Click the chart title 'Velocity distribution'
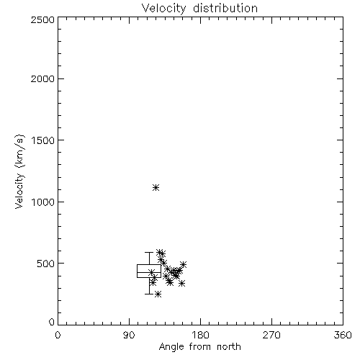(199, 9)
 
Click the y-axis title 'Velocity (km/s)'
(19, 171)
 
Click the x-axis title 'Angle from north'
(200, 347)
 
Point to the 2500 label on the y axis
(42, 19)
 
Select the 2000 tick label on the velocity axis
(42, 78)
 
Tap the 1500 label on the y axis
(43, 140)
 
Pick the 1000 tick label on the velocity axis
(43, 202)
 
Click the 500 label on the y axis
(46, 264)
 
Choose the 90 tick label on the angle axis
(129, 335)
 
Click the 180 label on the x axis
(200, 335)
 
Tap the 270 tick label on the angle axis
(271, 335)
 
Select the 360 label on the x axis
(343, 335)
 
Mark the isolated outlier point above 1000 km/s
(156, 187)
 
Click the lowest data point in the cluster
(158, 294)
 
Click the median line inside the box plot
(149, 272)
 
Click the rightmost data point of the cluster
(184, 264)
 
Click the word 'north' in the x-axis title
(229, 347)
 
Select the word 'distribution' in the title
(225, 9)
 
